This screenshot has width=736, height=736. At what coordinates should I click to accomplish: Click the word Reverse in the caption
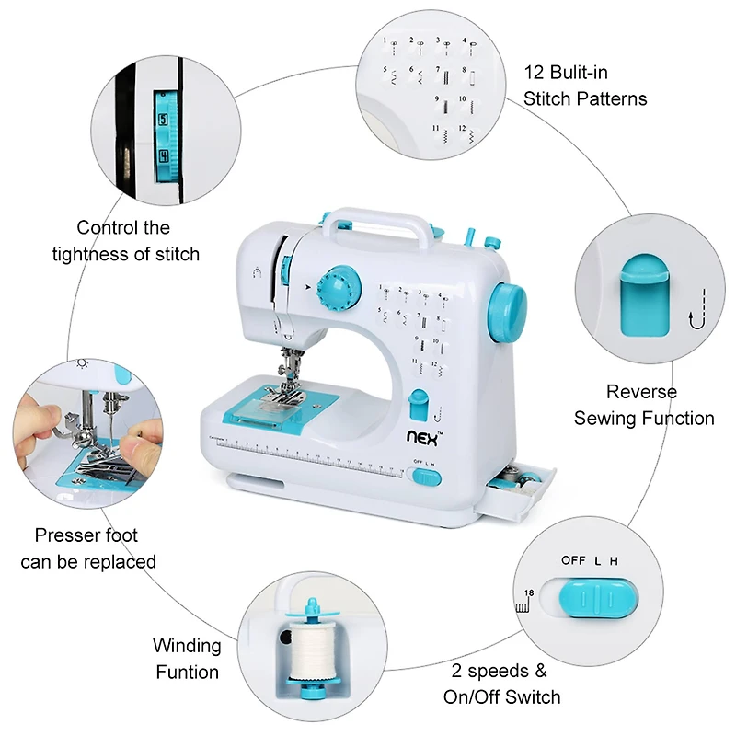click(641, 392)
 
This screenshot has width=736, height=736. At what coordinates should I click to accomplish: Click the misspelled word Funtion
click(187, 672)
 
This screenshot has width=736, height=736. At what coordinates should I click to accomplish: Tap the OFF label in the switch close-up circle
click(573, 560)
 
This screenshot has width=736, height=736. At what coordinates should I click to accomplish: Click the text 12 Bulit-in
click(566, 72)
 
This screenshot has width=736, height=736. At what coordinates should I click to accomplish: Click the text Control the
click(123, 227)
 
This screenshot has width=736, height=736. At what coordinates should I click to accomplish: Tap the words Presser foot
click(86, 535)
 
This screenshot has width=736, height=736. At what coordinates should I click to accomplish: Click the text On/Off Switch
click(502, 696)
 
